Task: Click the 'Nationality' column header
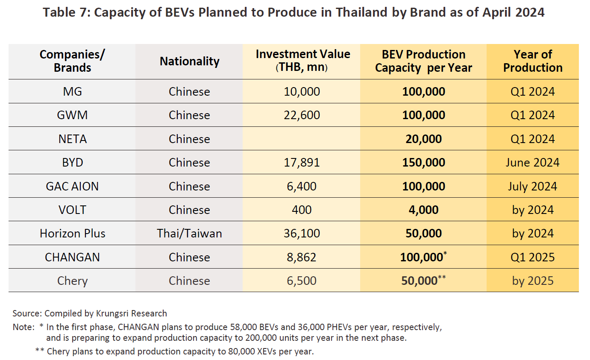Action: [189, 61]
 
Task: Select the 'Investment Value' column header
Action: [302, 61]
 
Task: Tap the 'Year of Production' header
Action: [533, 61]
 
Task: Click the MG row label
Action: [72, 91]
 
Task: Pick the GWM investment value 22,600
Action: [302, 115]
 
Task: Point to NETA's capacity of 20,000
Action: [423, 139]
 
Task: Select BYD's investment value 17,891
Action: [302, 163]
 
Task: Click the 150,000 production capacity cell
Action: [423, 163]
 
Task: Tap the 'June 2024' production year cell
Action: [533, 163]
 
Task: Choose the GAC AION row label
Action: [72, 186]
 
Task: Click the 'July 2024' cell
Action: [533, 186]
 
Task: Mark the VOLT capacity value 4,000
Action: [423, 210]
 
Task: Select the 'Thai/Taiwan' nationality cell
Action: [189, 234]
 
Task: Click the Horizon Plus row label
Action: [72, 234]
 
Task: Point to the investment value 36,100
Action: [302, 234]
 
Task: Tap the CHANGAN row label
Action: [72, 257]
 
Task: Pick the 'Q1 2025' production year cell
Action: [533, 257]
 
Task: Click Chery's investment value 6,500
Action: [302, 281]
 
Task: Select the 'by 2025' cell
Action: [533, 281]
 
